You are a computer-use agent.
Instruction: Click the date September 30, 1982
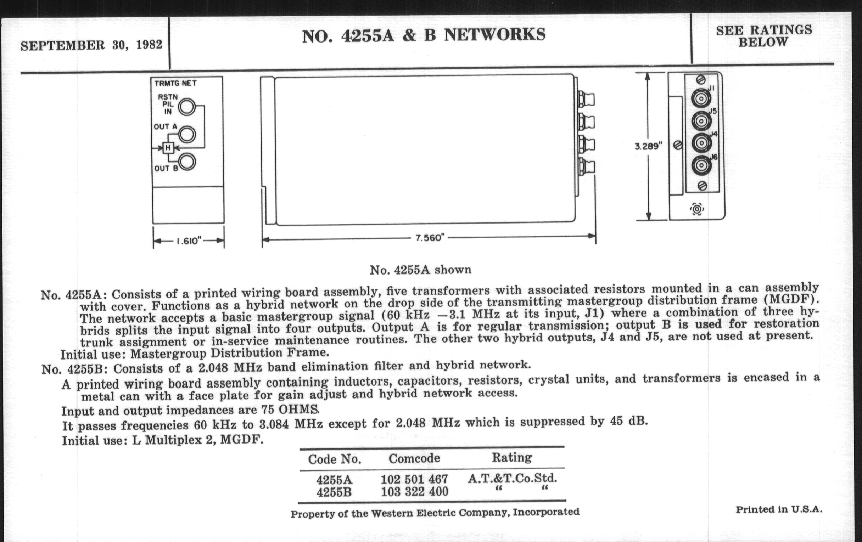click(91, 45)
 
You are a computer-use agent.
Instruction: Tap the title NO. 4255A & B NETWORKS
click(424, 35)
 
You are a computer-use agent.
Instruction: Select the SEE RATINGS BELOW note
click(764, 36)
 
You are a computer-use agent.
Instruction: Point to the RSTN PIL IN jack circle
click(187, 107)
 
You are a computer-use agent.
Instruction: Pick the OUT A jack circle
click(187, 135)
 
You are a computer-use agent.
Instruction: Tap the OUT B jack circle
click(187, 162)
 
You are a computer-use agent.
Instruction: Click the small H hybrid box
click(168, 147)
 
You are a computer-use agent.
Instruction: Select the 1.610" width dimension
click(189, 241)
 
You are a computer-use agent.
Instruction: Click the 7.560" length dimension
click(429, 238)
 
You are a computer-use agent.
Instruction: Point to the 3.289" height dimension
click(648, 146)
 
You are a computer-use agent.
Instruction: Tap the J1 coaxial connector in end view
click(701, 98)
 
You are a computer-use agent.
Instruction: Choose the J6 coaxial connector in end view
click(701, 166)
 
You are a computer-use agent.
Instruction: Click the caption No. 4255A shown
click(421, 269)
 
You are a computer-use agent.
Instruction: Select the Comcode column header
click(414, 458)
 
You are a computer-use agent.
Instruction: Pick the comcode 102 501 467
click(414, 479)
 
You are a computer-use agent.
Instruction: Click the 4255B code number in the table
click(334, 492)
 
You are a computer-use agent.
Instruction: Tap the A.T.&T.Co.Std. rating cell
click(512, 478)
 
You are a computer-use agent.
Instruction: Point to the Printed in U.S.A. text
click(779, 509)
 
